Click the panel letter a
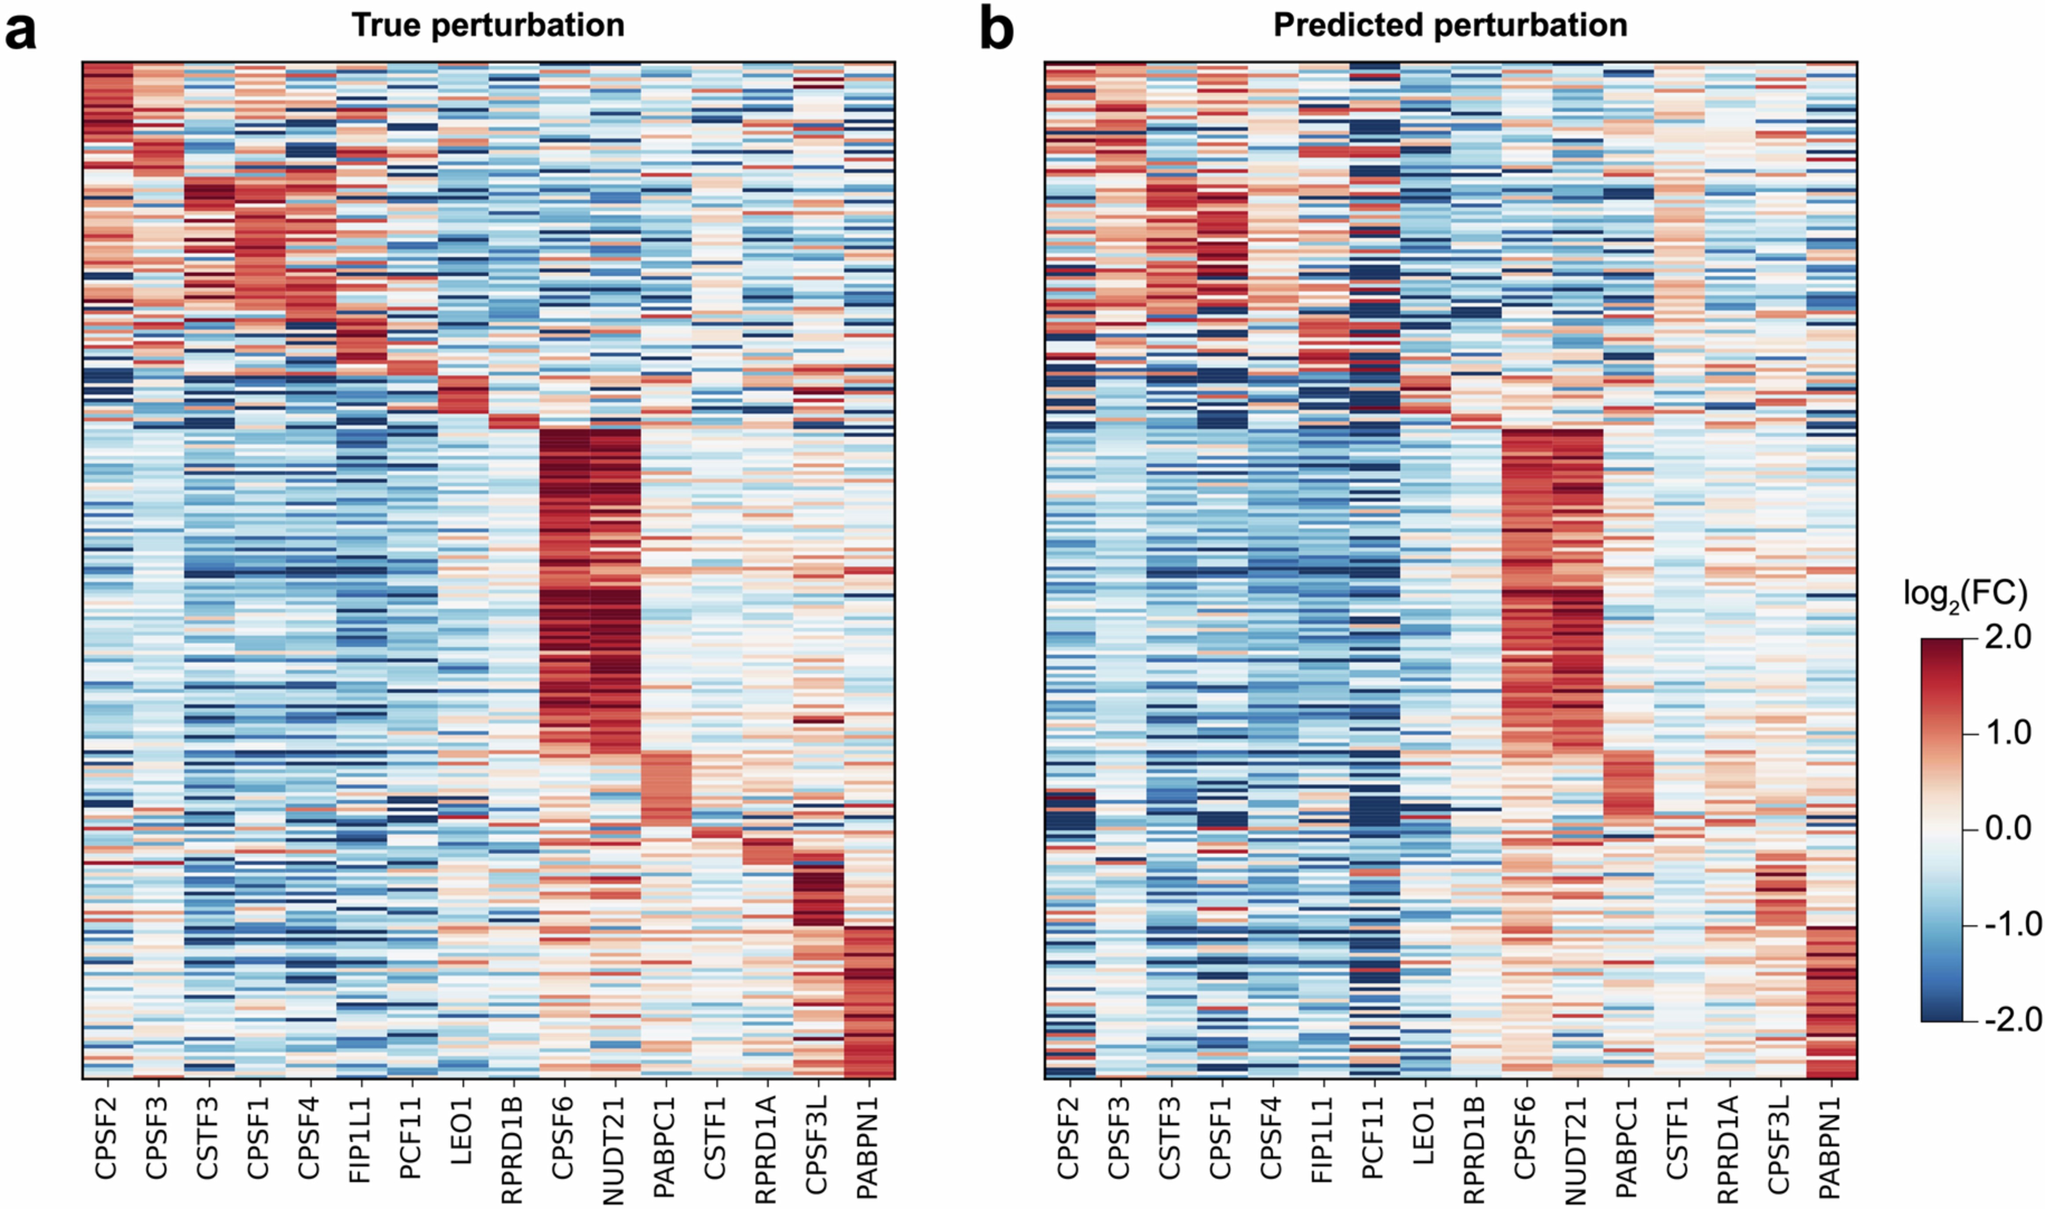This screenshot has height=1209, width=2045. pos(21,33)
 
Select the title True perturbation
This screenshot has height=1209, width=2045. pos(488,25)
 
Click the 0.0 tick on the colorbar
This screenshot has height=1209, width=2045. pos(2008,828)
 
